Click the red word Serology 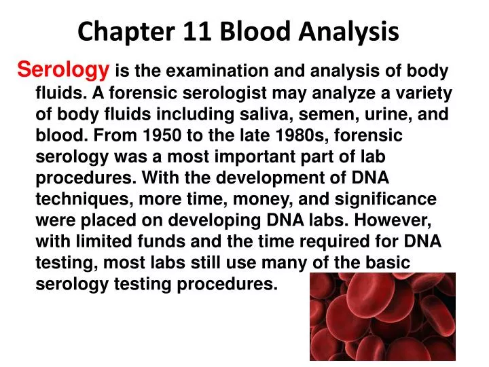pyautogui.click(x=63, y=69)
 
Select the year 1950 pyautogui.click(x=160, y=135)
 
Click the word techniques pyautogui.click(x=77, y=200)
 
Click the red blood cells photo pyautogui.click(x=382, y=317)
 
